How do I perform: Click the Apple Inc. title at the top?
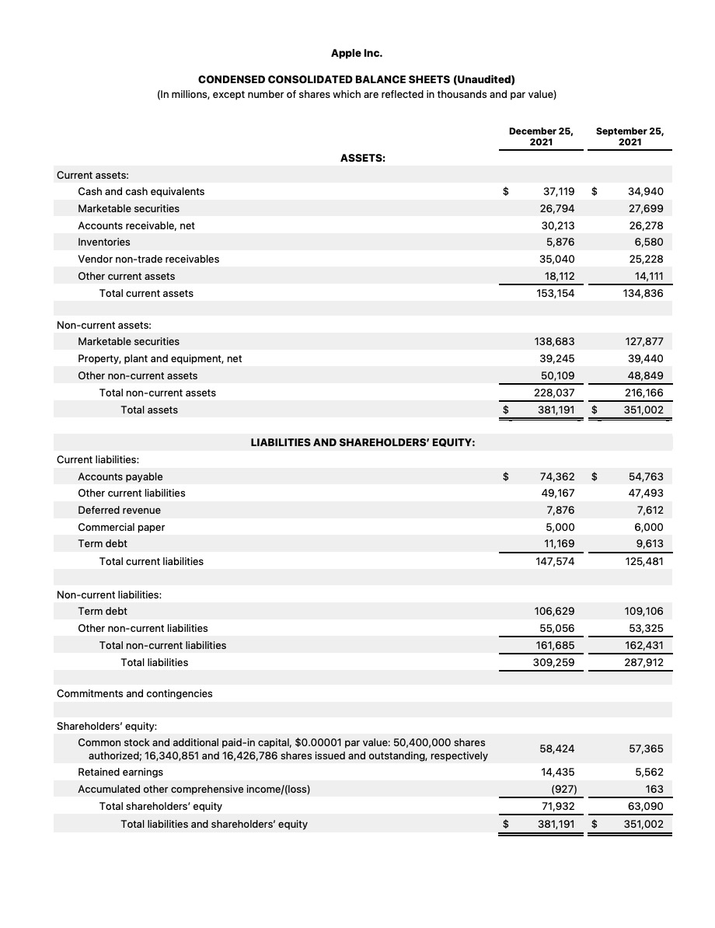tap(356, 54)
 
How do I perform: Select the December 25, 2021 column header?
tap(541, 137)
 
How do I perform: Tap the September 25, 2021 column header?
tap(630, 137)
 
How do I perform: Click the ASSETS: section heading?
tap(363, 158)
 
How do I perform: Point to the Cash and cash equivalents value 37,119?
tap(558, 191)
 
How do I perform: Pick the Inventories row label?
tap(104, 242)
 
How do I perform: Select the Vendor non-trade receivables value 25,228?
tap(646, 259)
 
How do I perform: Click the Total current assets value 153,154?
tap(556, 293)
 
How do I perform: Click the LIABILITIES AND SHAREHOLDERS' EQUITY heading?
tap(363, 442)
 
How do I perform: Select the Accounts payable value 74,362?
tap(556, 476)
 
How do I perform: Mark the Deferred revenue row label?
tap(119, 510)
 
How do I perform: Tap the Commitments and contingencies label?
tap(134, 693)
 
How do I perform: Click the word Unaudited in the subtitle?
tap(483, 79)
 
